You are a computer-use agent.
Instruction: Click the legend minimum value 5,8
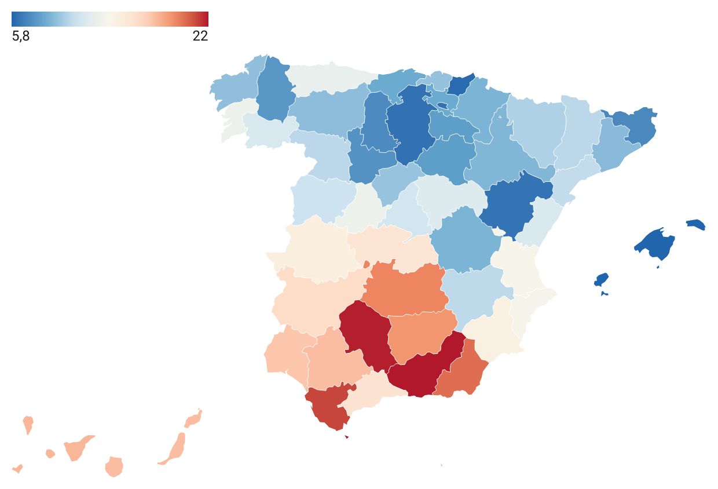[21, 37]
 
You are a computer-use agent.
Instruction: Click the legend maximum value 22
[200, 37]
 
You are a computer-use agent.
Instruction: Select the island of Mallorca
[656, 244]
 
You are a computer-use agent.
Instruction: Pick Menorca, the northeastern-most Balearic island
[697, 224]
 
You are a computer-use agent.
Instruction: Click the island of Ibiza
[601, 280]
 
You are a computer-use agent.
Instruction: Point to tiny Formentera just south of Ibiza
[604, 293]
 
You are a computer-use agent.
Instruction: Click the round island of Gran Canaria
[114, 466]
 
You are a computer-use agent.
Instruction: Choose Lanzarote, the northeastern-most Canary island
[193, 418]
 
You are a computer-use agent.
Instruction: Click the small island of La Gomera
[50, 454]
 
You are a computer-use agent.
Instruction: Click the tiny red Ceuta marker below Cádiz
[346, 437]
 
